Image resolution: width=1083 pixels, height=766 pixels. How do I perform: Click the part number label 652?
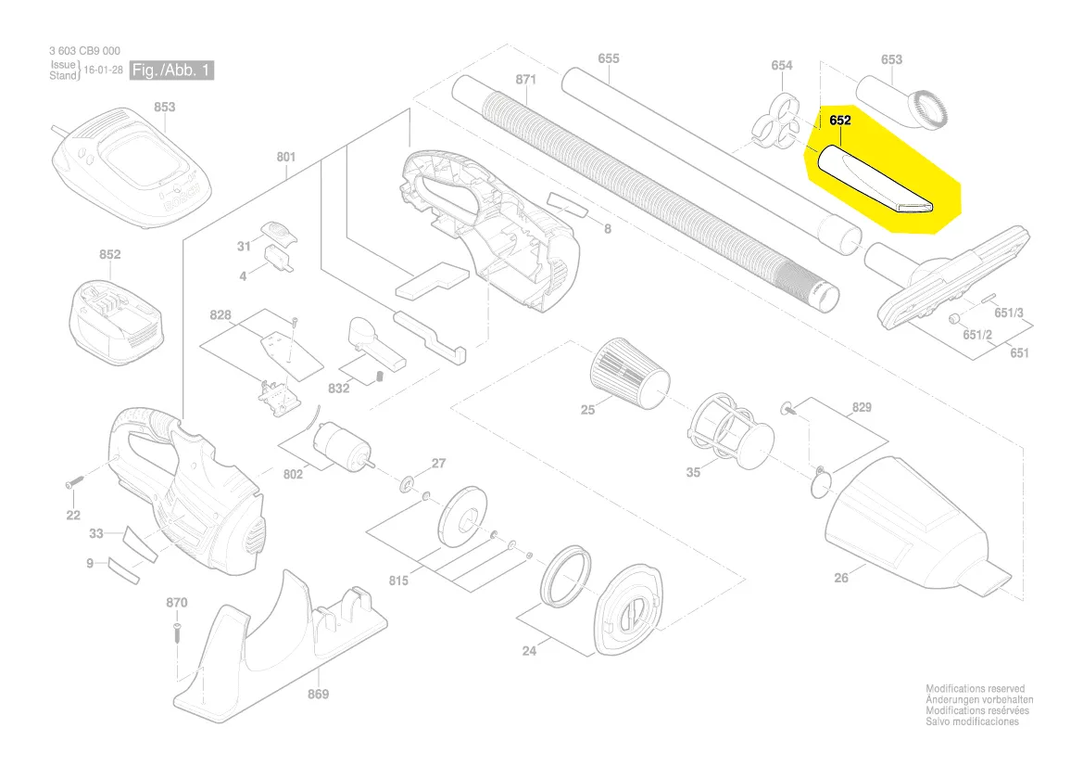point(840,121)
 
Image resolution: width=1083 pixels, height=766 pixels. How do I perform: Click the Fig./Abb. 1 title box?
point(171,70)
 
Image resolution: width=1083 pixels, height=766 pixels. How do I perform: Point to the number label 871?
point(525,81)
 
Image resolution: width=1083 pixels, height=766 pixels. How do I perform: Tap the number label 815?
point(398,581)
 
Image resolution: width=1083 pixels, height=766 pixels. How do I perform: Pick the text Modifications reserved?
point(975,689)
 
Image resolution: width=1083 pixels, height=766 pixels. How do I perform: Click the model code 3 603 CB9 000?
point(84,51)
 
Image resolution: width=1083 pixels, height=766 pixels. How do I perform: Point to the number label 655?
point(608,59)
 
